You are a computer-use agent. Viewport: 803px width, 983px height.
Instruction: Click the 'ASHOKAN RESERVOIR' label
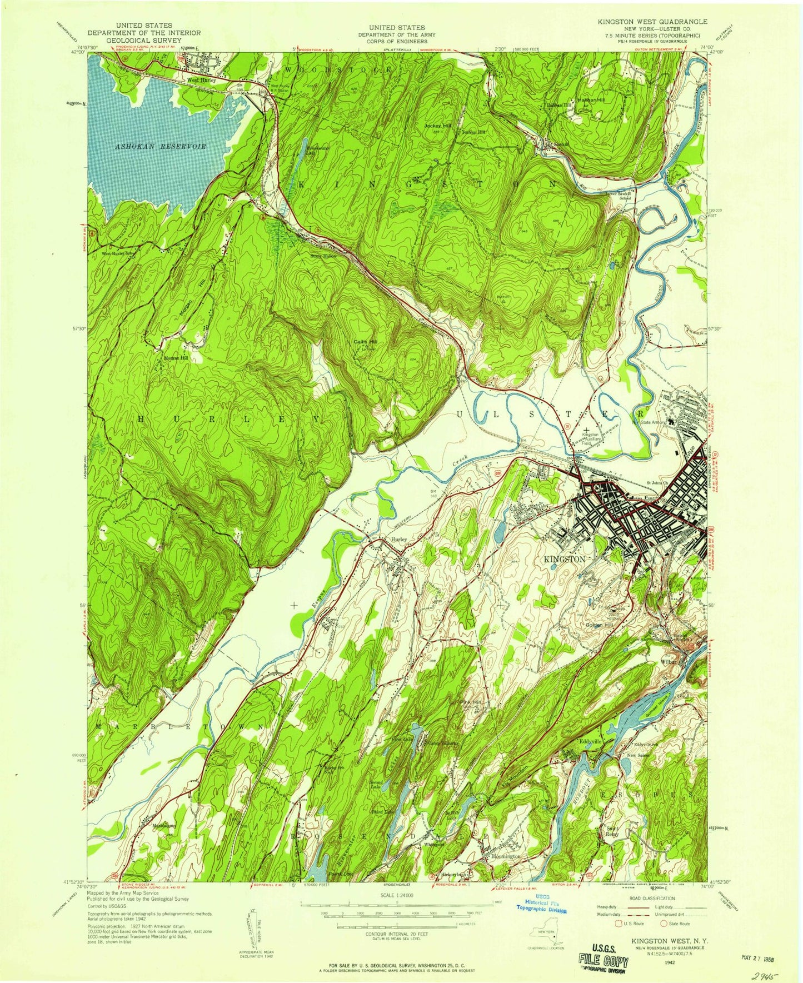click(161, 146)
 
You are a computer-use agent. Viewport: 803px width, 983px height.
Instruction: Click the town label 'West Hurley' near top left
click(201, 80)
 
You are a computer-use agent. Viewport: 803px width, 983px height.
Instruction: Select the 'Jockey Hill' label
click(438, 126)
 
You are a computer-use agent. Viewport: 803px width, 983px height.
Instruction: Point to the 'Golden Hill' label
click(599, 626)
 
